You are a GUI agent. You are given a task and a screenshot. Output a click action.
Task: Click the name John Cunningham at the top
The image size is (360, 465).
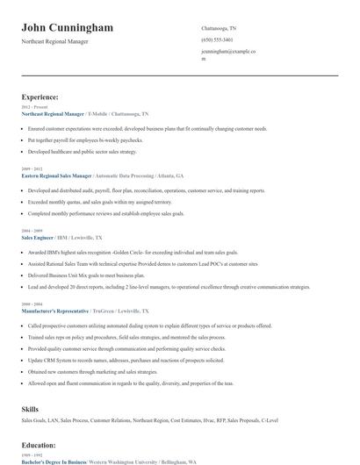68,28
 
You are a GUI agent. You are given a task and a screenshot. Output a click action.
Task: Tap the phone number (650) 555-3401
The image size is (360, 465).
217,39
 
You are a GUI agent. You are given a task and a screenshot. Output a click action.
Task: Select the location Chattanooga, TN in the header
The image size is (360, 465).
219,28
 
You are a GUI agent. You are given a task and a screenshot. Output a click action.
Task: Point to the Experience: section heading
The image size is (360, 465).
40,97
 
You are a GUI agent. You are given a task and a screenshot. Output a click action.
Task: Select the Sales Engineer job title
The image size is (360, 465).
38,237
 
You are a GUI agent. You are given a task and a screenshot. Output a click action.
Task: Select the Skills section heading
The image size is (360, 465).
30,409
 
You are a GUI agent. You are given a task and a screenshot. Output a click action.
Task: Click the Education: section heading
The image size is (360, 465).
41,446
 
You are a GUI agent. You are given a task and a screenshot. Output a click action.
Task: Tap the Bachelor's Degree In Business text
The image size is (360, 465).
54,460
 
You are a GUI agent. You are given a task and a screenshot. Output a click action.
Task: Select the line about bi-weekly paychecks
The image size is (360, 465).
85,139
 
